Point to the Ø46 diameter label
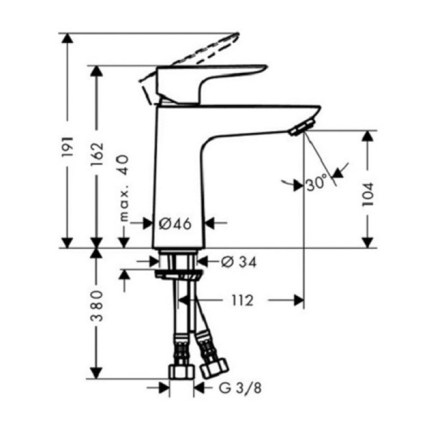(176, 224)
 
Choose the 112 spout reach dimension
(243, 300)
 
